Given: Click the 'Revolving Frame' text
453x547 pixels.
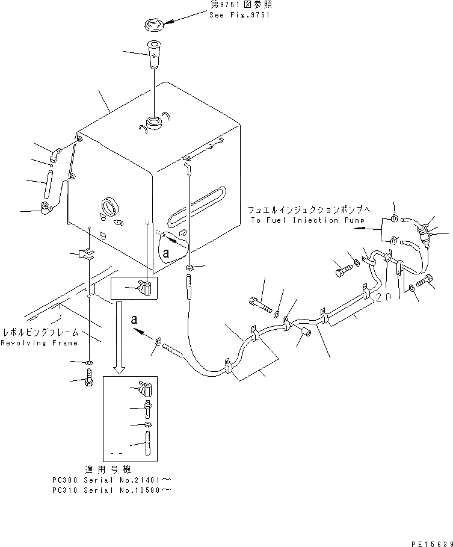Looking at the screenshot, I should click(x=39, y=343).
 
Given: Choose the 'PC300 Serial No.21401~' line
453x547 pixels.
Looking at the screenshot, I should click(x=111, y=480).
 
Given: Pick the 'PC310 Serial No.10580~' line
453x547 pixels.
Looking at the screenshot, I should click(x=111, y=490).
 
